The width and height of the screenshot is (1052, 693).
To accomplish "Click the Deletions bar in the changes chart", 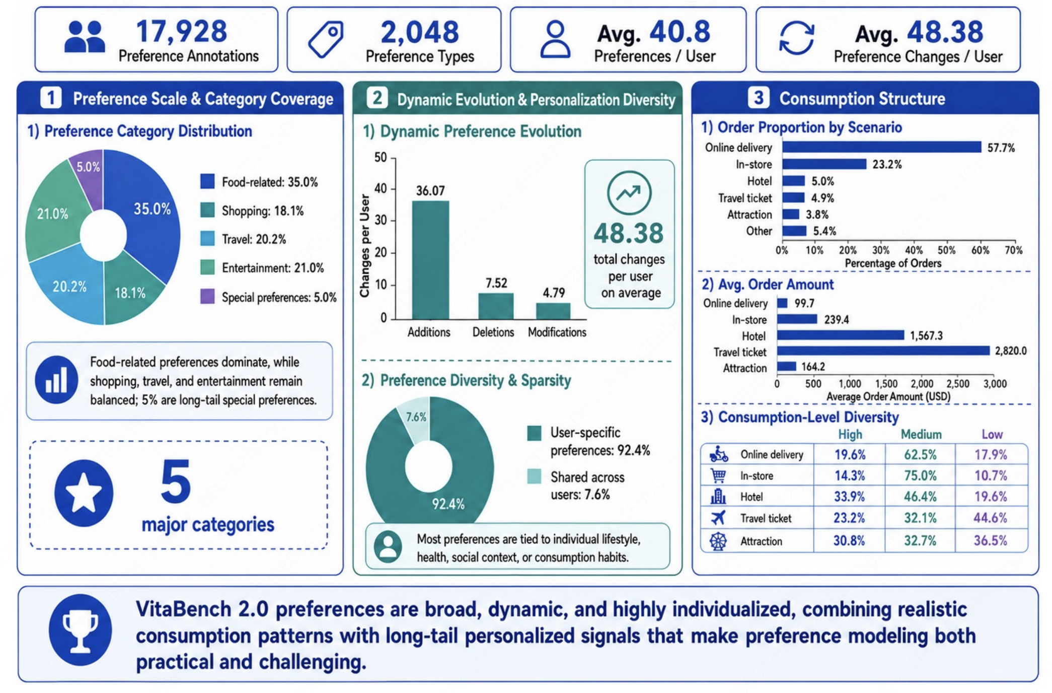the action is tap(496, 306).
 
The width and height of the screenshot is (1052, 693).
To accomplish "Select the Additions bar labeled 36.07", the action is tap(430, 260).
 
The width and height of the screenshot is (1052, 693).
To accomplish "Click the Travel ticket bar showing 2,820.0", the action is tap(883, 351).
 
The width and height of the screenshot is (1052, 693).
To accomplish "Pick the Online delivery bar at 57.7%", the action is tap(882, 147).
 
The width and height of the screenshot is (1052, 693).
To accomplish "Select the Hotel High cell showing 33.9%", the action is tap(850, 497).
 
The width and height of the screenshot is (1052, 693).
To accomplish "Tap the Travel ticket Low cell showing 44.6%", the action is tap(991, 518).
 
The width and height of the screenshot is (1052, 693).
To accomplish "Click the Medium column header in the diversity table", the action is tap(921, 434).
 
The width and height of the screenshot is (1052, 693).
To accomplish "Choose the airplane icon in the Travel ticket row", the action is tap(718, 517).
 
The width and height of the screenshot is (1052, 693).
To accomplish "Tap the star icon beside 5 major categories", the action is tap(84, 493).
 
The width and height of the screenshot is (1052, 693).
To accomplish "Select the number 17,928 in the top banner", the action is tap(182, 31).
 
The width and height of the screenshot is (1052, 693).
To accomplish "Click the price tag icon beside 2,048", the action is tap(326, 39).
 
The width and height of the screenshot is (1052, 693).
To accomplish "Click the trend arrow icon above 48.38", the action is tap(629, 193).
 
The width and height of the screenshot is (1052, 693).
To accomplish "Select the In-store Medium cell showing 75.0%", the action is tap(920, 475).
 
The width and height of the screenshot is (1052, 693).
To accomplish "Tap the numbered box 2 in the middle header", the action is tap(378, 98).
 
